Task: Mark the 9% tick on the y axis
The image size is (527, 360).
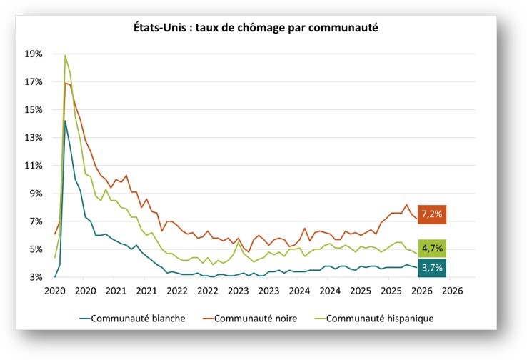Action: coord(35,193)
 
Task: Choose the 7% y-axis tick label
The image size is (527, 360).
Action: coord(35,221)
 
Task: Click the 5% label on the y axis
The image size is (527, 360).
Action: coord(35,249)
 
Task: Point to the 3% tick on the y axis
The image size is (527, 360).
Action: coord(35,277)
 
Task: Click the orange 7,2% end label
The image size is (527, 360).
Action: coord(432,214)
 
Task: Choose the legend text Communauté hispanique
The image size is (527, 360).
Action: coord(381,318)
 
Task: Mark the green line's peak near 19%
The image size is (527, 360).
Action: coord(65,55)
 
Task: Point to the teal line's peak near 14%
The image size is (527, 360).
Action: coord(65,121)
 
